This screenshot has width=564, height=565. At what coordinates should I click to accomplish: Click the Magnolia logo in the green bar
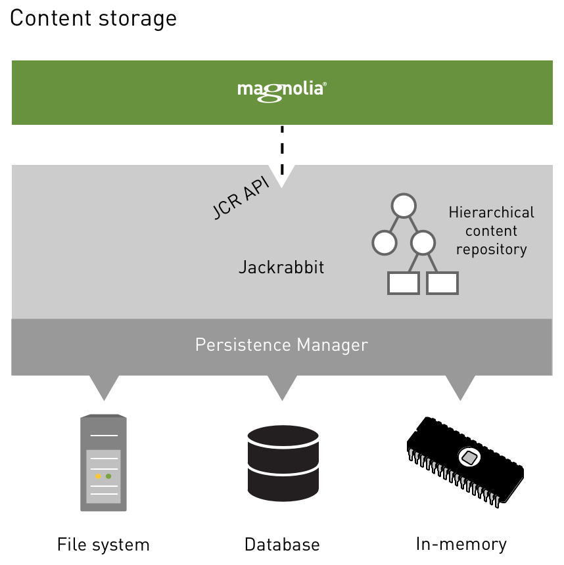pyautogui.click(x=282, y=90)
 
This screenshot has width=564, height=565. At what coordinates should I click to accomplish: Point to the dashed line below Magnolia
pyautogui.click(x=282, y=148)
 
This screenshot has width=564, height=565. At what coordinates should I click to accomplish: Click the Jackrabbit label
pyautogui.click(x=281, y=268)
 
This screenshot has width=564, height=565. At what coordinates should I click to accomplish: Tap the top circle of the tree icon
pyautogui.click(x=403, y=206)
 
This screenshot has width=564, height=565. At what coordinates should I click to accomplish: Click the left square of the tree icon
pyautogui.click(x=403, y=282)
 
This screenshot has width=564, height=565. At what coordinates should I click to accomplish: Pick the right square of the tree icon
pyautogui.click(x=442, y=282)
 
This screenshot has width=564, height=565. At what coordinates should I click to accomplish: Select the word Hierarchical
pyautogui.click(x=491, y=213)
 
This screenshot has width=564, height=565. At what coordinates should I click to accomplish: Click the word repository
pyautogui.click(x=491, y=250)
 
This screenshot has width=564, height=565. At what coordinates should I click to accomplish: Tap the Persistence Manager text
pyautogui.click(x=281, y=345)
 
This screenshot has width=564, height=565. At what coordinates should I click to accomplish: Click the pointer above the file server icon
pyautogui.click(x=103, y=387)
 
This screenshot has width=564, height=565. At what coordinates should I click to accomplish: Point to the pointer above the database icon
pyautogui.click(x=283, y=387)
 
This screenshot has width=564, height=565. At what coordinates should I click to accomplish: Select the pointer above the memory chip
pyautogui.click(x=460, y=387)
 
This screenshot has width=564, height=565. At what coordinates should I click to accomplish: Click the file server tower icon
pyautogui.click(x=103, y=463)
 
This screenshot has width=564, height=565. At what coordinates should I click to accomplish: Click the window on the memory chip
pyautogui.click(x=469, y=457)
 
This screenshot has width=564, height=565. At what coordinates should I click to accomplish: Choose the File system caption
pyautogui.click(x=103, y=545)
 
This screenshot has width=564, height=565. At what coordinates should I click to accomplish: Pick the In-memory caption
pyautogui.click(x=461, y=544)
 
